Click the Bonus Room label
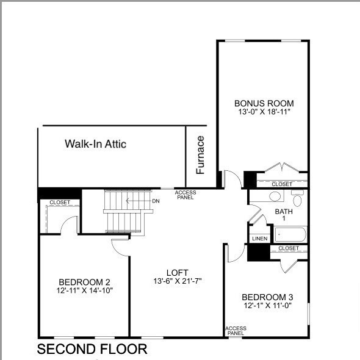point(264,103)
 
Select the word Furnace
point(200,156)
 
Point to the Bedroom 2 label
point(84,281)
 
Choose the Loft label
point(178,272)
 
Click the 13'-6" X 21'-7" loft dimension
point(178,281)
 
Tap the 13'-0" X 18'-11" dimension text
point(264,112)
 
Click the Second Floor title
point(92,349)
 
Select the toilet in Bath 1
point(298,200)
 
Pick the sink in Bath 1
point(275,196)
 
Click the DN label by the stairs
point(156,201)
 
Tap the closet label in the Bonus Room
point(281,184)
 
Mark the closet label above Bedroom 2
point(60,202)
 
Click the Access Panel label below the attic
point(185,195)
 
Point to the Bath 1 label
point(283,215)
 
